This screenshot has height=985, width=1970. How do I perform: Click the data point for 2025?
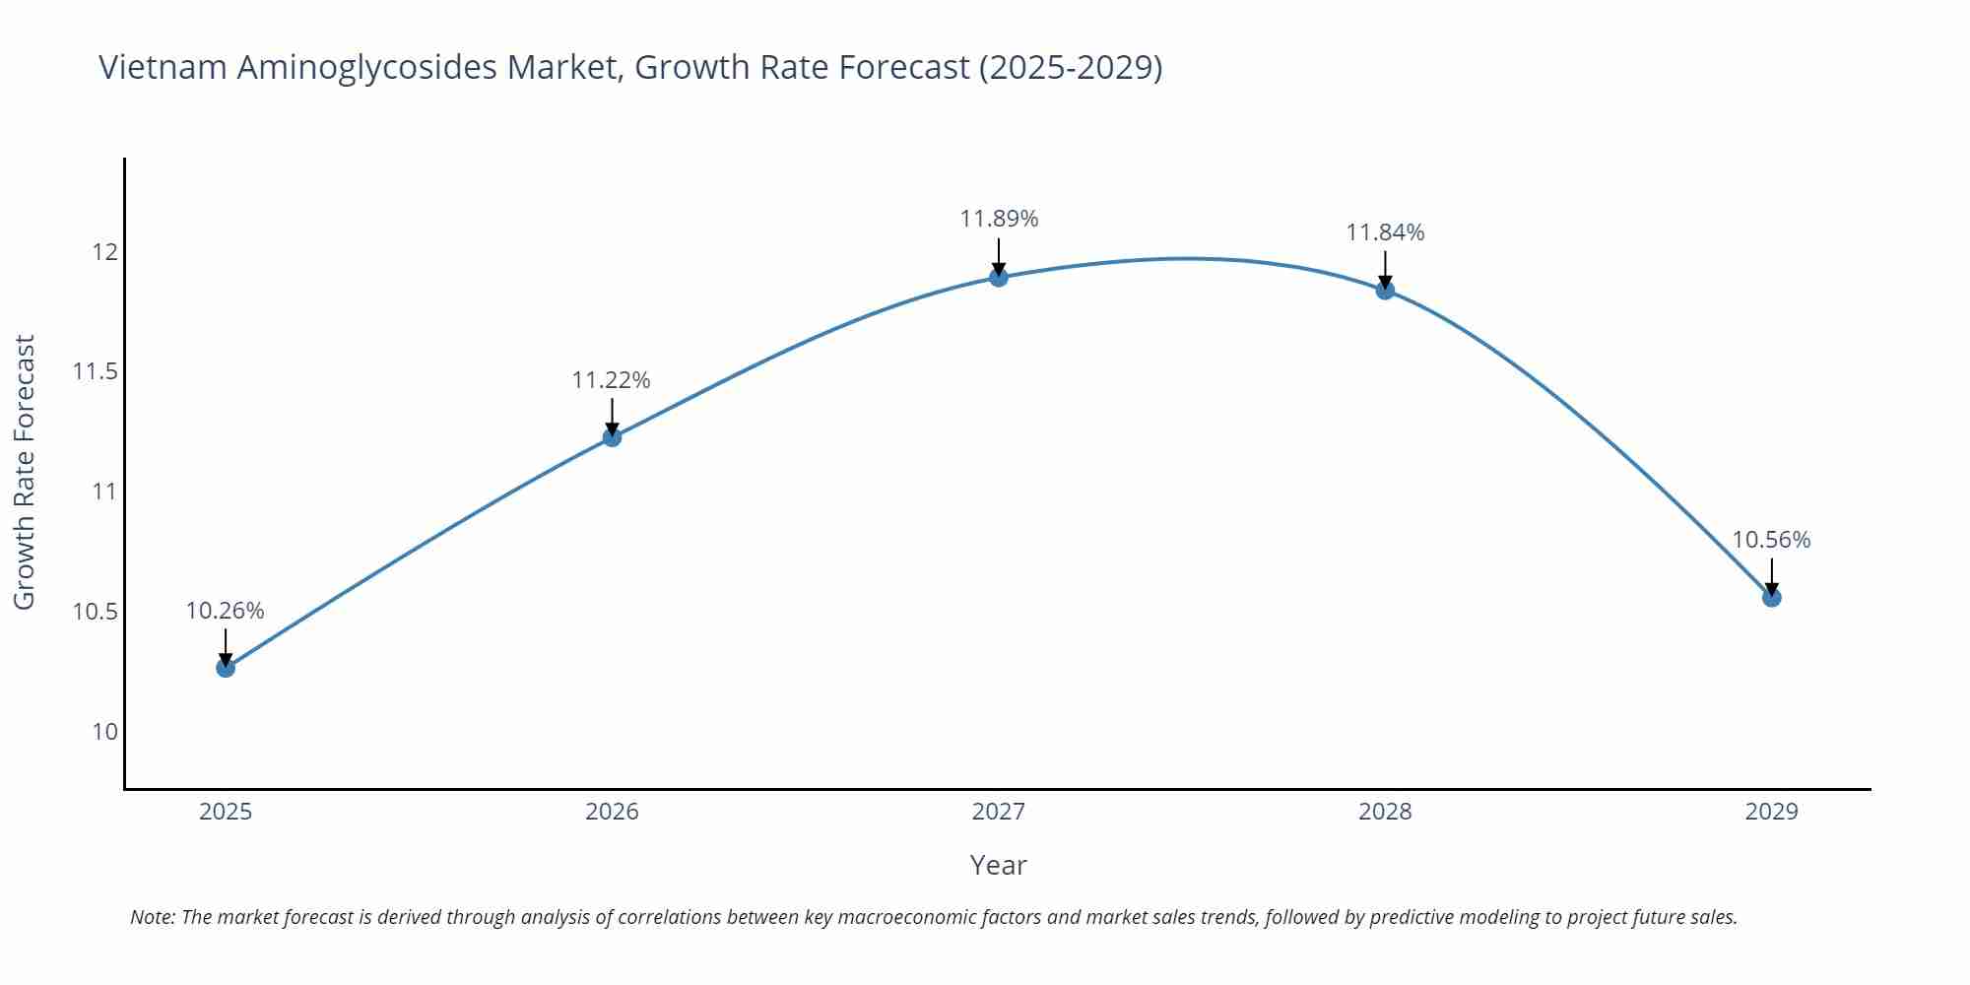coord(226,668)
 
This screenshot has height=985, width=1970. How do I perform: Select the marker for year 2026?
coord(612,437)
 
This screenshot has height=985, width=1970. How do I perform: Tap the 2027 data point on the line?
coord(999,277)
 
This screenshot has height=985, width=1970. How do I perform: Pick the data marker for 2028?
coord(1385,290)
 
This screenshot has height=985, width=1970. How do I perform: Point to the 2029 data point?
coord(1771,597)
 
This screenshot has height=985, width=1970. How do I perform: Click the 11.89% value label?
coord(999,219)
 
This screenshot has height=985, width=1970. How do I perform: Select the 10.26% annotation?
coord(226,611)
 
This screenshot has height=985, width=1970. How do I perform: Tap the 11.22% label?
coord(612,380)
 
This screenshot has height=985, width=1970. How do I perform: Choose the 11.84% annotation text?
coord(1385,232)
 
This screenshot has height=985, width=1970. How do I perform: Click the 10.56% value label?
coord(1771,540)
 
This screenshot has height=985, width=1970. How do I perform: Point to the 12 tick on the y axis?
coord(104,252)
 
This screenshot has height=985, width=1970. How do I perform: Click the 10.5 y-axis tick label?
coord(96,612)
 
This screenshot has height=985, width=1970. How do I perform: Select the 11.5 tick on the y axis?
coord(96,371)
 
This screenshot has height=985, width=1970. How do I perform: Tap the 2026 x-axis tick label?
coord(612,812)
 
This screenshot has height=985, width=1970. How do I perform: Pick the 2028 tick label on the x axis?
coord(1385,812)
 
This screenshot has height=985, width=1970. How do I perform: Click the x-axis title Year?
coord(998,865)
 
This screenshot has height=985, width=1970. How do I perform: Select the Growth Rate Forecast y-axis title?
coord(25,472)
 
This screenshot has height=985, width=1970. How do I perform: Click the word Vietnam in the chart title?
coord(163,67)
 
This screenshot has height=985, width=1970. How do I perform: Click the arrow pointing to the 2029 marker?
coord(1771,575)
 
